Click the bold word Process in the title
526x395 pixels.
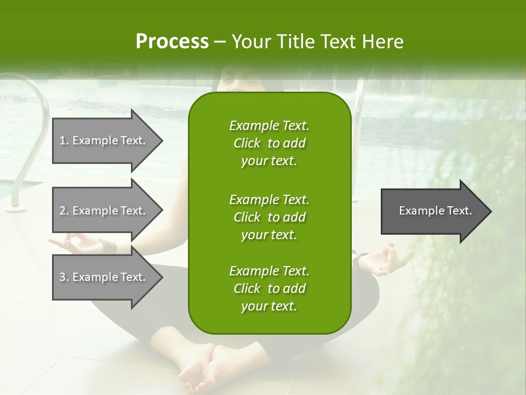coord(172,42)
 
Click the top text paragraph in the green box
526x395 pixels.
coord(269,143)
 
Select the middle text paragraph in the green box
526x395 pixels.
coord(269,217)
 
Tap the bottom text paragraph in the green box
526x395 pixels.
coord(269,289)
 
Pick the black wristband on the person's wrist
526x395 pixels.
coord(110,246)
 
